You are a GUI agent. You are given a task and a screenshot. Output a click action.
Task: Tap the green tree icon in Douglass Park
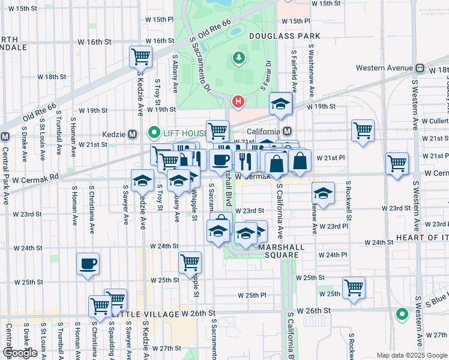coord(239,58)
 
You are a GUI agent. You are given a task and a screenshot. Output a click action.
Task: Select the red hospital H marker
coord(238,101)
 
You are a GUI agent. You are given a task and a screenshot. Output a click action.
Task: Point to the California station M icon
coord(287,131)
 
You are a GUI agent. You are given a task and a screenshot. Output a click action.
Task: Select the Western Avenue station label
coord(384,68)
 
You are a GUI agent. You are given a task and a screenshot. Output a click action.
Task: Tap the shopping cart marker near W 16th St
coord(140,58)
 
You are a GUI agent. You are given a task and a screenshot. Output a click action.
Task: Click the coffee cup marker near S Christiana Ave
coord(88,264)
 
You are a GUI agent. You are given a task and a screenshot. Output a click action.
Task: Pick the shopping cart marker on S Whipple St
coord(190,262)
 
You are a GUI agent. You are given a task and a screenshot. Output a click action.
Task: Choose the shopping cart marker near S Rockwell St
coord(354,287)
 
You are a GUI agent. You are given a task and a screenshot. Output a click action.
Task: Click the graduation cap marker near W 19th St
coord(280,104)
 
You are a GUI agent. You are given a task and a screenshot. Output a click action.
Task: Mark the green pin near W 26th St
coord(402,313)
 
